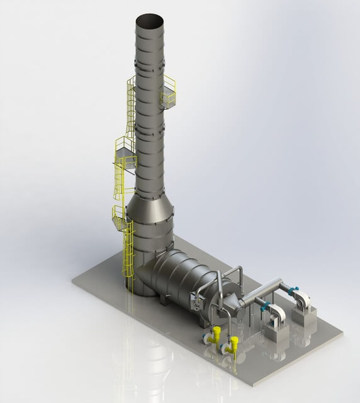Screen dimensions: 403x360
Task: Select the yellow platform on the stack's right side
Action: tap(168, 94)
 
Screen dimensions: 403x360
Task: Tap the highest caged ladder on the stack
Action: tap(130, 107)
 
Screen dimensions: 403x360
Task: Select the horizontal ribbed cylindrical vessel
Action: tap(189, 277)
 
